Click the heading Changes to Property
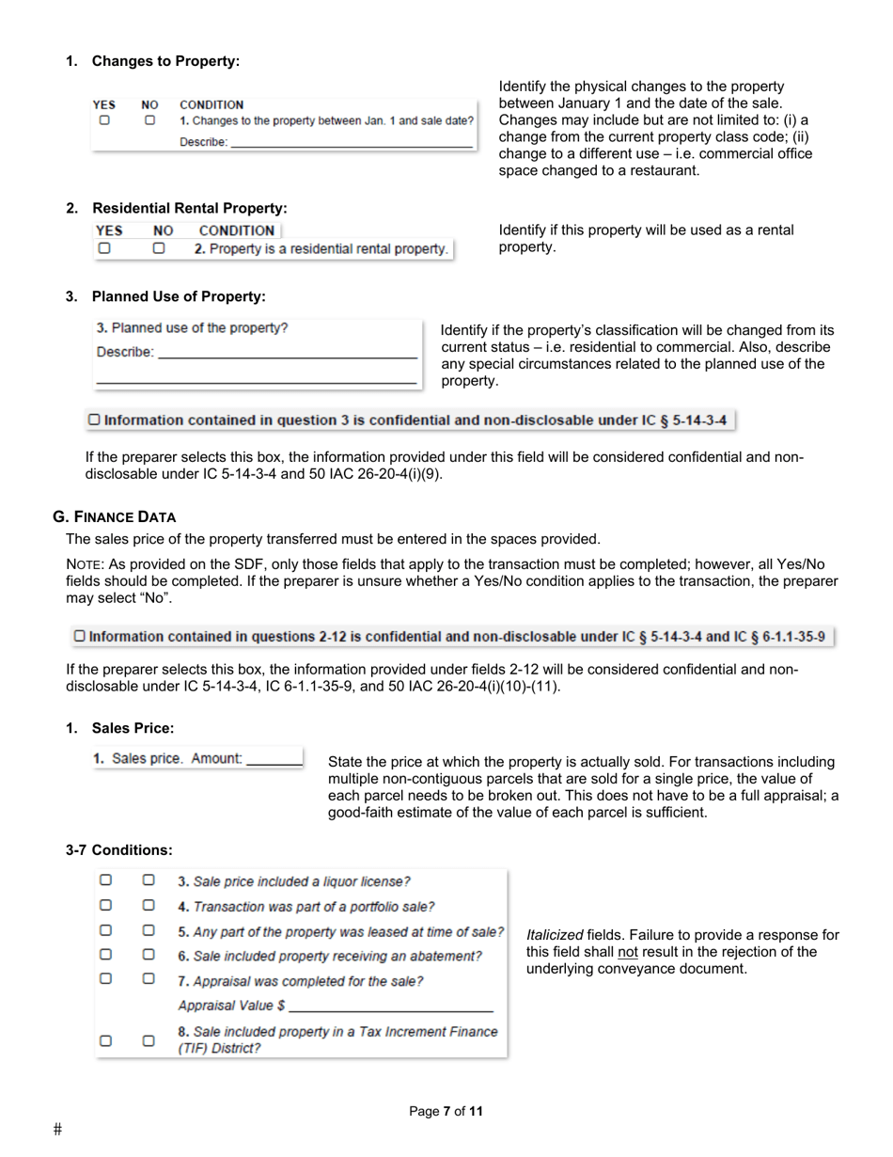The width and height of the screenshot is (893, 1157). tap(165, 61)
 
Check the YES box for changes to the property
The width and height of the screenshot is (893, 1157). tap(105, 121)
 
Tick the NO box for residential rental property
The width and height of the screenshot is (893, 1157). tap(159, 249)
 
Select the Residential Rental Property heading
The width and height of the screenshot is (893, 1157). tap(189, 208)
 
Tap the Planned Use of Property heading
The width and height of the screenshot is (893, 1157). tap(179, 296)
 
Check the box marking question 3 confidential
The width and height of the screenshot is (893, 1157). tap(94, 420)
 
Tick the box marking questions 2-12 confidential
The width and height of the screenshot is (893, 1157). tap(80, 637)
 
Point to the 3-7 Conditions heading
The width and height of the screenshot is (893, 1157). tap(119, 849)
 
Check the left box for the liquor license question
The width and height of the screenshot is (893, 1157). tap(106, 880)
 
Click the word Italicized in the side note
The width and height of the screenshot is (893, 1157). tap(555, 935)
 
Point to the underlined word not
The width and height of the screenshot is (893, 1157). tap(627, 952)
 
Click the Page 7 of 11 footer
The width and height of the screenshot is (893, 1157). tap(446, 1111)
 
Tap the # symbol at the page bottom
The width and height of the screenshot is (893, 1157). tap(58, 1129)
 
